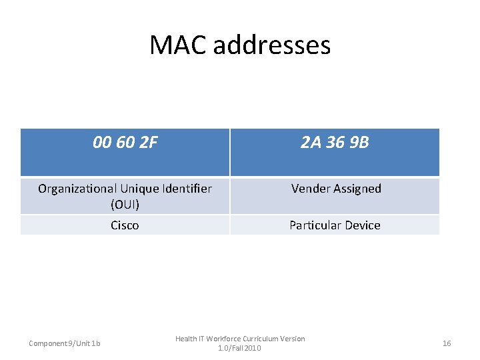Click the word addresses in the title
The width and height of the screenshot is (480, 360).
click(269, 45)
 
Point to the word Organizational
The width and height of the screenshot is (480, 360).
click(77, 189)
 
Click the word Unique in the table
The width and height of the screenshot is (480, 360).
click(137, 189)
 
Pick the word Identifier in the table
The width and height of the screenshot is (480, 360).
click(186, 189)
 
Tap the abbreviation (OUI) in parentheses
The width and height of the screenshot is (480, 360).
click(125, 204)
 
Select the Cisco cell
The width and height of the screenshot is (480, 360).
click(125, 225)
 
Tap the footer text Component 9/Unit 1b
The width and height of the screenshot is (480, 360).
click(65, 343)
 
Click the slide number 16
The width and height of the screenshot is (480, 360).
click(447, 343)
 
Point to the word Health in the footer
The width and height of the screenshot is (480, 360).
click(187, 339)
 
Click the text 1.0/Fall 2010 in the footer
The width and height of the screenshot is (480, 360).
click(240, 348)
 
